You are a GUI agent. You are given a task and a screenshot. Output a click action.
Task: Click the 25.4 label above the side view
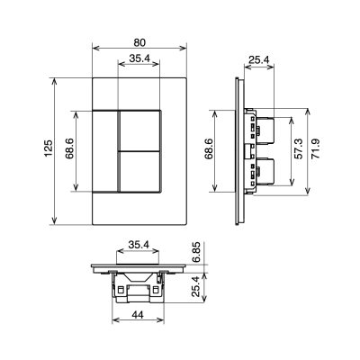coord(258,62)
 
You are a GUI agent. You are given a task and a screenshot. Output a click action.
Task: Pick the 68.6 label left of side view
coord(209,151)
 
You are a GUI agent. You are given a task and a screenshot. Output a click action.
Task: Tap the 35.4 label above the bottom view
coord(139,244)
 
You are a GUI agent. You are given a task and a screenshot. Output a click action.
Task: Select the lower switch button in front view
coord(139,171)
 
